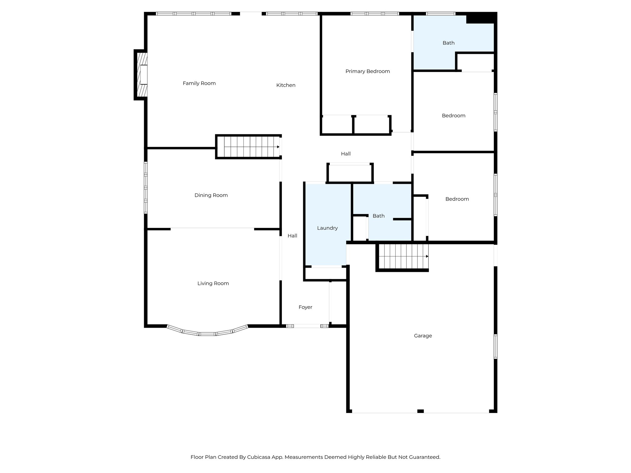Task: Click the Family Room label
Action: [x=199, y=83]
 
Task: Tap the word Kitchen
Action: [x=286, y=85]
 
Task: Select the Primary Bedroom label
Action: [x=368, y=71]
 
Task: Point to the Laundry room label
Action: [x=327, y=228]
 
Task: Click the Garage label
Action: [x=423, y=336]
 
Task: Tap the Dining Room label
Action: [x=211, y=195]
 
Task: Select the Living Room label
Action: [x=213, y=284]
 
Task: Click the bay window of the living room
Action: [x=207, y=334]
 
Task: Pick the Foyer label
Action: [x=305, y=307]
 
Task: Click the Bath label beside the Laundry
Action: [x=378, y=216]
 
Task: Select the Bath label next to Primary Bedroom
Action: [x=448, y=43]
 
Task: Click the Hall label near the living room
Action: [x=292, y=236]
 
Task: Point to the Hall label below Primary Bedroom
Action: [x=346, y=154]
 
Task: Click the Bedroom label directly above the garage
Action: [x=457, y=199]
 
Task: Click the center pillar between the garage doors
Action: [x=420, y=411]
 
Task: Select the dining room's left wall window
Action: [x=146, y=188]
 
